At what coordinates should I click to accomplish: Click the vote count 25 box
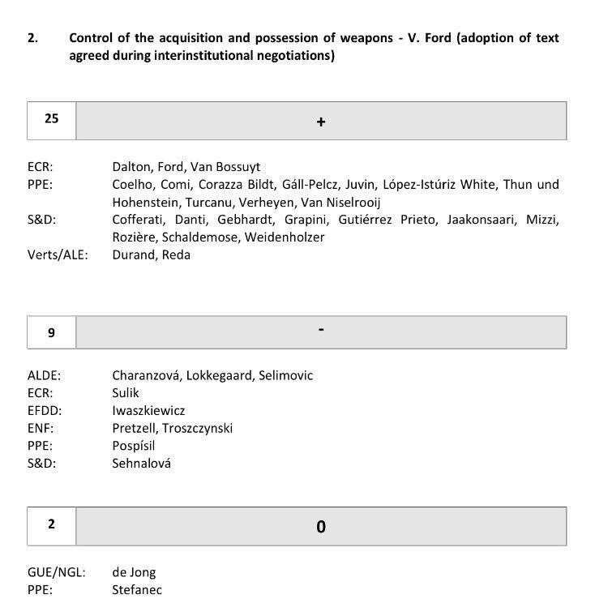coord(52,120)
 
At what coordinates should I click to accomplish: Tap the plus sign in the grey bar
coord(321,122)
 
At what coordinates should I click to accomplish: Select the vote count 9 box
coord(52,332)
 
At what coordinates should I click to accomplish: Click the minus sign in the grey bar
coord(321,331)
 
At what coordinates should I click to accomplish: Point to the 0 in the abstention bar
coord(321,527)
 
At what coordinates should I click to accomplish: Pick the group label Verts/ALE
coord(58,255)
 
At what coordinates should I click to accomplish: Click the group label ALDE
coord(45,375)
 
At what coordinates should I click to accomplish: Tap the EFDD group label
coord(45,411)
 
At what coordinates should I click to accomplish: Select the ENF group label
coord(41,428)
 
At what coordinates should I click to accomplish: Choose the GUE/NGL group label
coord(57,572)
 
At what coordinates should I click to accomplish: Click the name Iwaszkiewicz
coord(148,411)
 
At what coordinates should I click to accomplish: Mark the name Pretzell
coord(135,428)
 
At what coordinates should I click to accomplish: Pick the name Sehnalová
coord(142,463)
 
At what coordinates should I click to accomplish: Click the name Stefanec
coord(137,589)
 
